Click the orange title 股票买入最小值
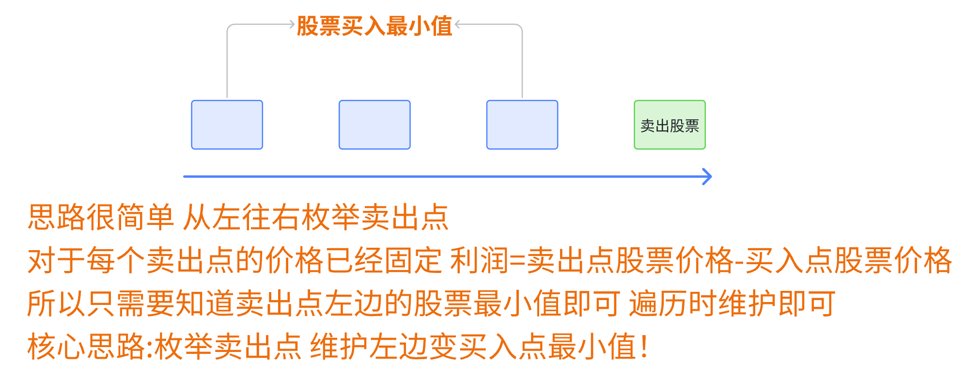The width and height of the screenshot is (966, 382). [374, 26]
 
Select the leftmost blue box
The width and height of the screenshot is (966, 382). [227, 125]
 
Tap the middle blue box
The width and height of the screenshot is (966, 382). [374, 125]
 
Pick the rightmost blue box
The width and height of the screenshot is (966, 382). [522, 125]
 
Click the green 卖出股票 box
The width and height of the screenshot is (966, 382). [670, 125]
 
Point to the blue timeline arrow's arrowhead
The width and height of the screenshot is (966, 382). [708, 176]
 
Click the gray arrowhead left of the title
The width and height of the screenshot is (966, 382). [292, 24]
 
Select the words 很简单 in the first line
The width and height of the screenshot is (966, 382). [130, 217]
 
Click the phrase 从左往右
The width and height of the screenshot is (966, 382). [241, 217]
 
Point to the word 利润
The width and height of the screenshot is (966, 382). [480, 260]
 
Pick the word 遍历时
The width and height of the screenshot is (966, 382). [673, 303]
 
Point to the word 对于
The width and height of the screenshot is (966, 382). [57, 260]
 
